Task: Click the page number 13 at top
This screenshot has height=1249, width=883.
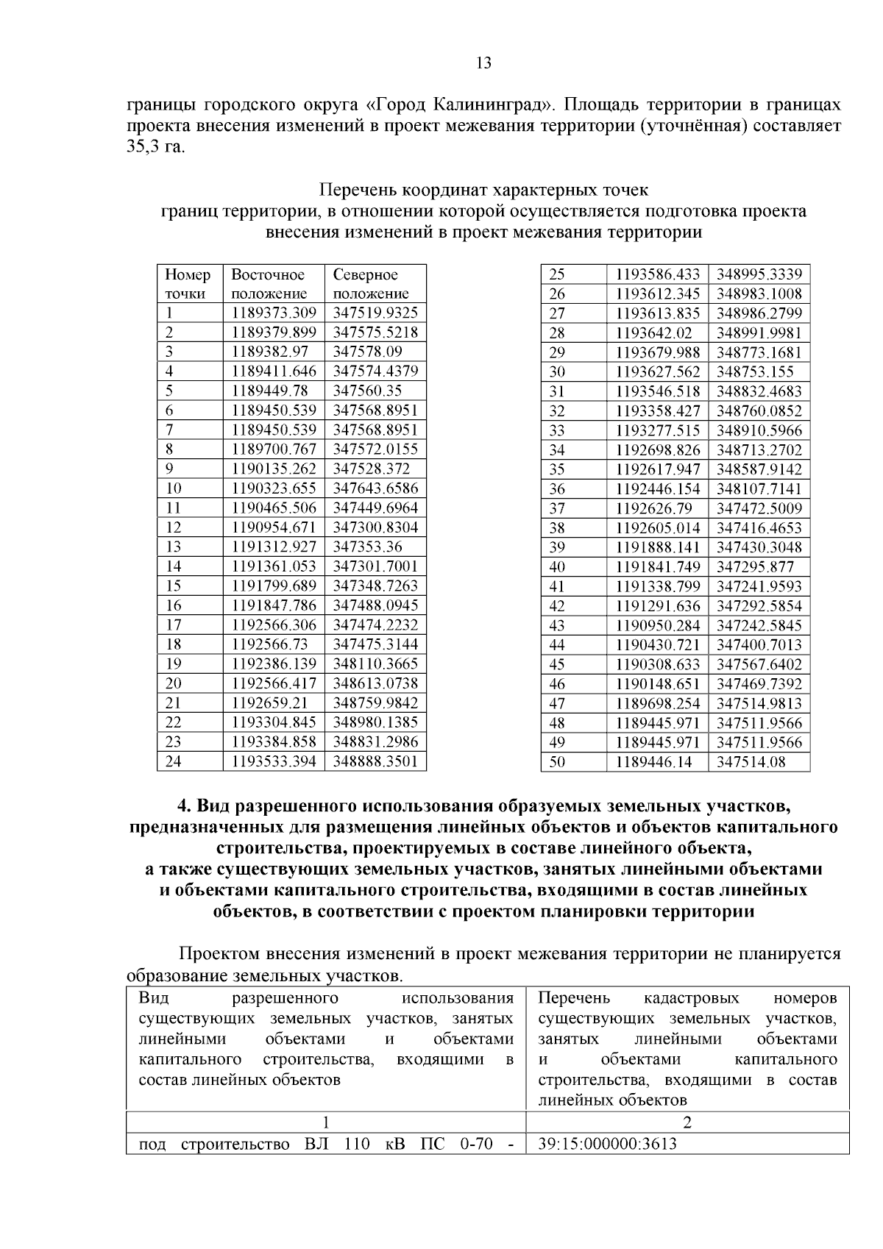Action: coord(483,63)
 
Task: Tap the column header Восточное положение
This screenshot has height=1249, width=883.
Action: coord(269,284)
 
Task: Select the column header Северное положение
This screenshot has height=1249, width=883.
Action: coord(371,284)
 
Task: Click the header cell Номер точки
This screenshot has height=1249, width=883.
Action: coord(188,284)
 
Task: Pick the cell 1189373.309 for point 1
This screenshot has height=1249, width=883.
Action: coord(274,313)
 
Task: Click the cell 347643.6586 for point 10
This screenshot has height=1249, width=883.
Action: coord(375,488)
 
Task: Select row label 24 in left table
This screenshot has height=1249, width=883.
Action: coord(173,761)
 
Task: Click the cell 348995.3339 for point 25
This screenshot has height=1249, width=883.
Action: coord(759,274)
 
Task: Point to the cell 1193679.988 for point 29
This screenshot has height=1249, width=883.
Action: coord(657,352)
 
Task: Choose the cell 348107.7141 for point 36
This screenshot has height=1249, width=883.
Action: coord(759,489)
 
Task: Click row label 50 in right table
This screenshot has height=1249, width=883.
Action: coord(557,762)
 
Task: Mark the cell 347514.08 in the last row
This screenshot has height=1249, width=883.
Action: coord(751,762)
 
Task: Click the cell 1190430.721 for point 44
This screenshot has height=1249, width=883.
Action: coord(657,645)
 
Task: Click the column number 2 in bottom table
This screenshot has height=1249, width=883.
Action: coord(687,1122)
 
